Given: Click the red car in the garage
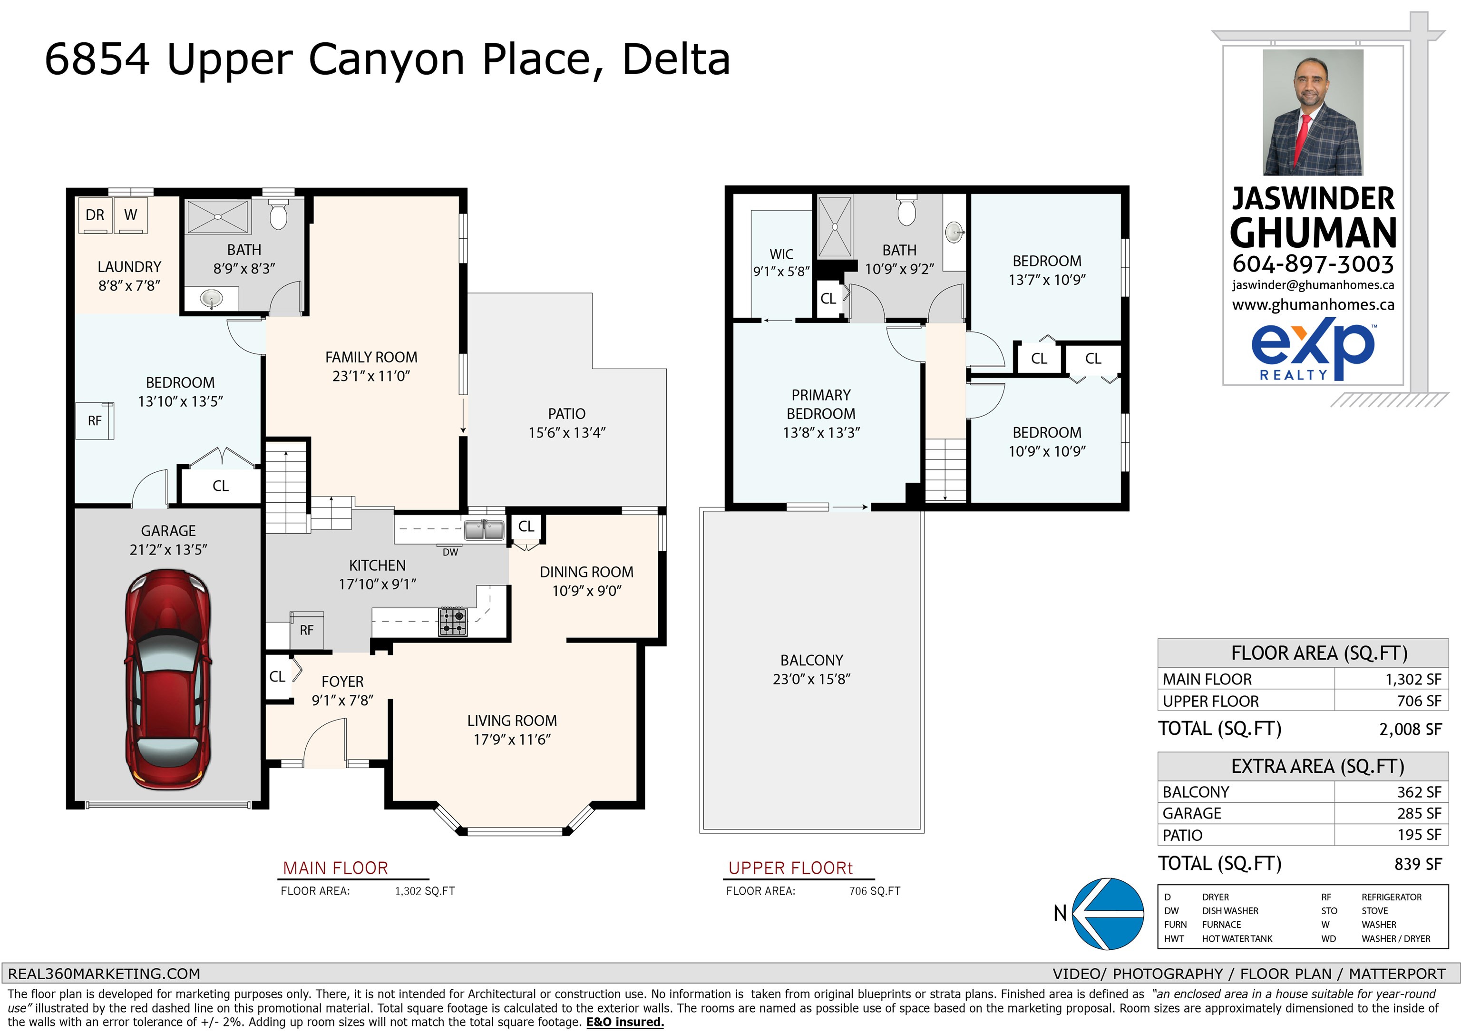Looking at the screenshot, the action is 168,679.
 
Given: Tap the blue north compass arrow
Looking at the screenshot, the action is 1108,913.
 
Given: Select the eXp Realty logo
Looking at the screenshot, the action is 1313,352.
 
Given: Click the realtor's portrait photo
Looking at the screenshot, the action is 1313,113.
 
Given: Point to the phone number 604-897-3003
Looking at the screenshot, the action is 1313,263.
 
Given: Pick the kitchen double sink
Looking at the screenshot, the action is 484,529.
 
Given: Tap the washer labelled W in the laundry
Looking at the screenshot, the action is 130,215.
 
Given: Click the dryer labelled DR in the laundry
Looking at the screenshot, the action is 95,215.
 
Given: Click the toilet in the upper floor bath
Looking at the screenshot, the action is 907,210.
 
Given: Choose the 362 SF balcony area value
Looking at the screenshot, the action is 1419,792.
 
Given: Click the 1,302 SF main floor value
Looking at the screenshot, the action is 1413,679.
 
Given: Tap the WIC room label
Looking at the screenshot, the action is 781,254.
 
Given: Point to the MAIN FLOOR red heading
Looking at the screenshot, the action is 335,868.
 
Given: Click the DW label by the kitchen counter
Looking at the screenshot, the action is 450,552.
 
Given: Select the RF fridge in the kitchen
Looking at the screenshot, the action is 307,630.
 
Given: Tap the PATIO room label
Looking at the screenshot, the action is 566,414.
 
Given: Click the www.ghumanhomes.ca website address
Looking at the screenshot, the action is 1313,305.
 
